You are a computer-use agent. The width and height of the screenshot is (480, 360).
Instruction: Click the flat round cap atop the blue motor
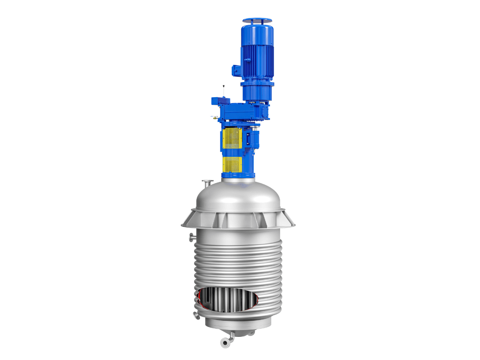pos(257,20)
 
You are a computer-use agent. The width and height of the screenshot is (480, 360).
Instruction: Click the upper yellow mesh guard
pos(232,138)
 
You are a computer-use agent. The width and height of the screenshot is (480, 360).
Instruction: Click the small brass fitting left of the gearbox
pos(214,117)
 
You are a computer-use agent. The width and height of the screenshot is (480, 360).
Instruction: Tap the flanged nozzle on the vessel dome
pos(207,183)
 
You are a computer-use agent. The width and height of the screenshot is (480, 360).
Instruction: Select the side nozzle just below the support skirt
pos(192,237)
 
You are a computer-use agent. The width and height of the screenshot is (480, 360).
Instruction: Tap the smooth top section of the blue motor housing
pos(257,34)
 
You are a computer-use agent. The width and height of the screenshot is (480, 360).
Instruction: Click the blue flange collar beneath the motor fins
pos(257,85)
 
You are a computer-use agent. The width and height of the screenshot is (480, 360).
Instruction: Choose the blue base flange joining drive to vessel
pos(238,175)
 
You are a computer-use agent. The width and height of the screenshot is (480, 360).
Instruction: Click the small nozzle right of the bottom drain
pos(251,333)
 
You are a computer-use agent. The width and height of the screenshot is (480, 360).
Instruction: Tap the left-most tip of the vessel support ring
pos(182,225)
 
